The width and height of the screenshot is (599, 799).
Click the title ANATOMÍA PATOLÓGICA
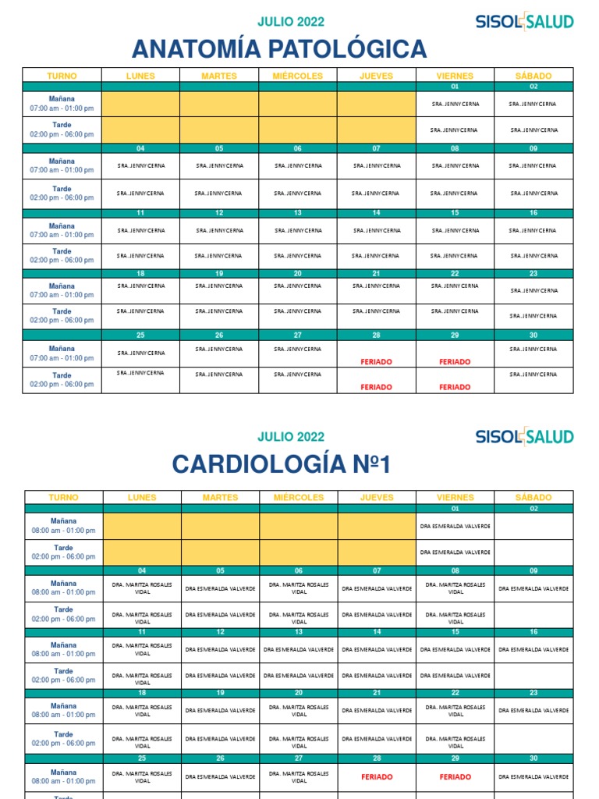pos(279,49)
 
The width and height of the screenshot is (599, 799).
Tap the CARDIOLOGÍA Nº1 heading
pos(281,465)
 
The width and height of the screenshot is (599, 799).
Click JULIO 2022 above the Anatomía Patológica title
pos(291,22)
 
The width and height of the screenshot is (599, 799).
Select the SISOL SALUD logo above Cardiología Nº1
pos(524,437)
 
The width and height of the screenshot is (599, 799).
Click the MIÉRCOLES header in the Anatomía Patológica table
pos(297,76)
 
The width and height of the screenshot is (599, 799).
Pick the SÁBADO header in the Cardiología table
pos(533,497)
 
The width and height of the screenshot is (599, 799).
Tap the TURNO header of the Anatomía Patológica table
pos(62,76)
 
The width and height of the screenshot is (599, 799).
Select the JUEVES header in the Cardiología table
pos(377,497)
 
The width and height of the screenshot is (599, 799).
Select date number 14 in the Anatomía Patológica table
pos(376,212)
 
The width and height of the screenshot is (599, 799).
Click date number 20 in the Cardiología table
pos(299,693)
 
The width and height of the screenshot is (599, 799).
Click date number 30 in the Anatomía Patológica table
pos(533,335)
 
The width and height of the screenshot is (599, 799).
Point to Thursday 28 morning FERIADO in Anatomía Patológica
pos(376,362)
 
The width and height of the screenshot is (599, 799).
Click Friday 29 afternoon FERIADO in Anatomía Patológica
pos(455,387)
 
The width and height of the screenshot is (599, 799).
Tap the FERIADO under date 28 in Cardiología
pos(377,777)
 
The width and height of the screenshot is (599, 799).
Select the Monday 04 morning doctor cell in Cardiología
pos(142,588)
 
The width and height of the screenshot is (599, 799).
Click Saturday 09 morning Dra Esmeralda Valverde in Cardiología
pos(533,588)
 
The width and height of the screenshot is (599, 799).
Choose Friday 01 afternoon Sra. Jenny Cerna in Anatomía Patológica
pos(455,130)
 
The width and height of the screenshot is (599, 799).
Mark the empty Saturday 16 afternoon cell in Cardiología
pos(533,676)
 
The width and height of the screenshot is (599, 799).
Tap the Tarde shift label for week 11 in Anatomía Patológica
pos(62,256)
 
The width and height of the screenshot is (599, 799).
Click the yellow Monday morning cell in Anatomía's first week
pos(140,103)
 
